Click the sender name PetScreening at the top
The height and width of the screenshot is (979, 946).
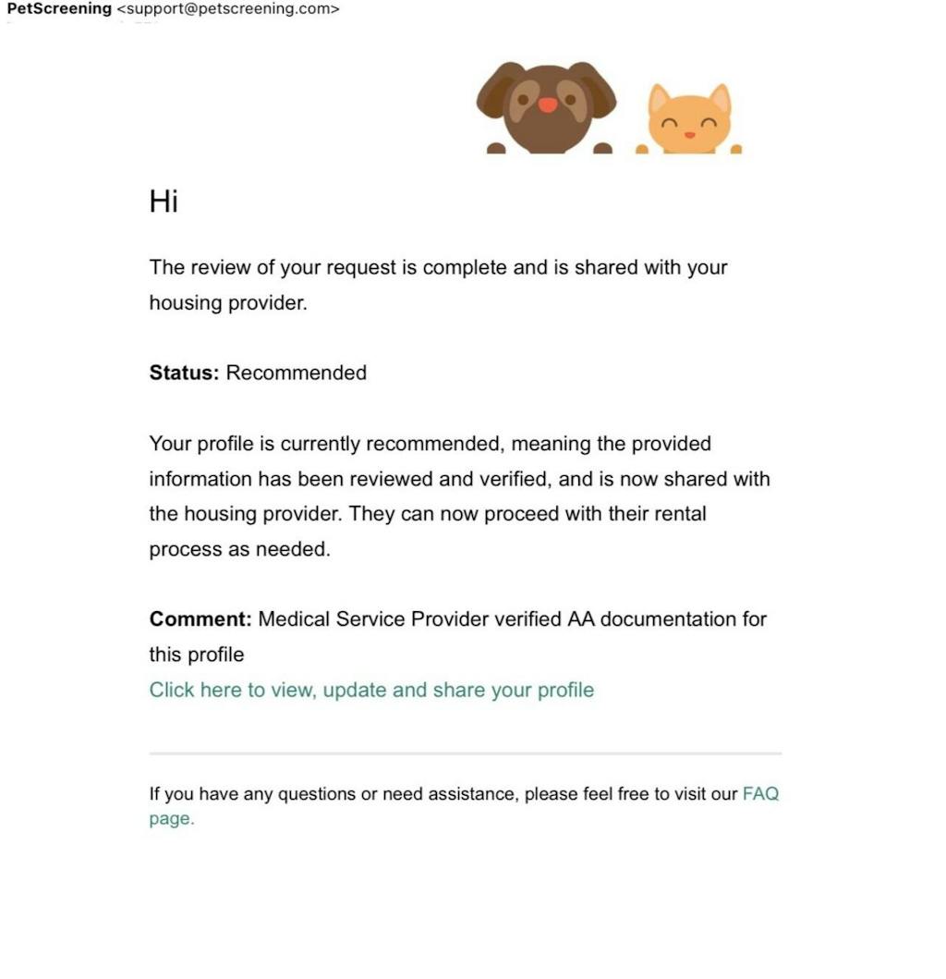(59, 9)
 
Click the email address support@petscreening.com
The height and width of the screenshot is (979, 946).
(228, 9)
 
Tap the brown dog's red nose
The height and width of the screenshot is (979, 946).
(548, 104)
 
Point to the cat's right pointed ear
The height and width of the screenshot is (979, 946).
(719, 98)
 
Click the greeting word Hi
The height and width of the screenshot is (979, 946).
(163, 202)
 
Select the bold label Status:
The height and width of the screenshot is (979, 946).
(184, 373)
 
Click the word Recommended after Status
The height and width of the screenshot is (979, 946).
(297, 373)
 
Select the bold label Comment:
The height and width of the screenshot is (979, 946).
(200, 618)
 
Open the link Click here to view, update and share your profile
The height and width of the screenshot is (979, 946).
(371, 690)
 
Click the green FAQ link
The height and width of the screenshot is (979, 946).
(760, 793)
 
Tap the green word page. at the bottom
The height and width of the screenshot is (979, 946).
(172, 818)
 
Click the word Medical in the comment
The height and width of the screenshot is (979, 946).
(293, 618)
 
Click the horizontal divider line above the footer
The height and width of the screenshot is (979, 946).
(466, 753)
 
